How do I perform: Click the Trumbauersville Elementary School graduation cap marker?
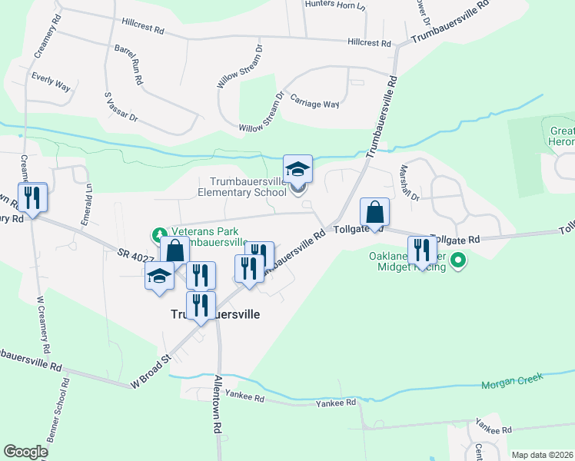[297, 169]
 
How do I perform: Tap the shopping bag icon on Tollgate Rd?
[374, 212]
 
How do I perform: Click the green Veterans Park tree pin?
[158, 233]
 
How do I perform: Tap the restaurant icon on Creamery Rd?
[32, 197]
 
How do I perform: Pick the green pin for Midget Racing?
[459, 260]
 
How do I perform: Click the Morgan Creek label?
[512, 380]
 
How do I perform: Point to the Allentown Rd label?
[218, 415]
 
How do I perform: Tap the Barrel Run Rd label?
[128, 63]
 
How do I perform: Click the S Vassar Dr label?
[121, 107]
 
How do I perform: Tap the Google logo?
[26, 452]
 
